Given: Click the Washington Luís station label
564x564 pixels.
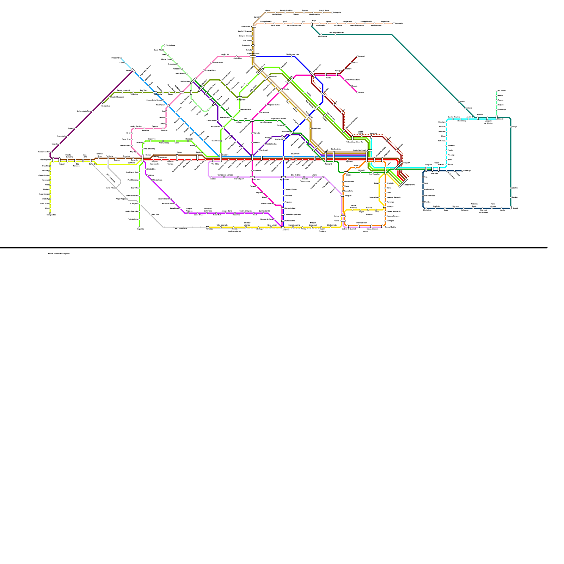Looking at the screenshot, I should pyautogui.click(x=293, y=54).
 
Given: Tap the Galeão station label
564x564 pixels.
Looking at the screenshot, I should pyautogui.click(x=328, y=78).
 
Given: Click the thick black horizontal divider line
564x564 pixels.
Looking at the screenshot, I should pyautogui.click(x=274, y=247).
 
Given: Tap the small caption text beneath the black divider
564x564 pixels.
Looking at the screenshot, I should pyautogui.click(x=59, y=253).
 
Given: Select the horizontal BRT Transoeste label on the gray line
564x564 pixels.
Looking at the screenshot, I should pyautogui.click(x=181, y=228).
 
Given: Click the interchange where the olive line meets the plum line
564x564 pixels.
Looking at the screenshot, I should pyautogui.click(x=103, y=103).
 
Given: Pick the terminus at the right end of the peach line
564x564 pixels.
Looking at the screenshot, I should pyautogui.click(x=393, y=24).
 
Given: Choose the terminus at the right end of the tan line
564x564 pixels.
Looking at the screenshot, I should pyautogui.click(x=332, y=12).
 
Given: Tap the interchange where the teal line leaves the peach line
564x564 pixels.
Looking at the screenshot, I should pyautogui.click(x=312, y=24).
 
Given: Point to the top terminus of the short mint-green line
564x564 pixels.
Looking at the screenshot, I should pyautogui.click(x=497, y=91).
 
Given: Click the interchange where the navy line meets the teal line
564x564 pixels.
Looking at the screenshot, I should pyautogui.click(x=510, y=208).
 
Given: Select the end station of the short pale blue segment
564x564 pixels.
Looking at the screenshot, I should pyautogui.click(x=121, y=58).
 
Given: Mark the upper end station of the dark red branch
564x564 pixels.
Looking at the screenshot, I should pyautogui.click(x=357, y=56).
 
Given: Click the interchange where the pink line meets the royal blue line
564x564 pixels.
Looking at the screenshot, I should pyautogui.click(x=253, y=56).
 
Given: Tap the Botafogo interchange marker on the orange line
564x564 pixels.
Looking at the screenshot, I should pyautogui.click(x=385, y=207).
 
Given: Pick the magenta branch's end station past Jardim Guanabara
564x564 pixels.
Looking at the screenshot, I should pyautogui.click(x=357, y=92).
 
